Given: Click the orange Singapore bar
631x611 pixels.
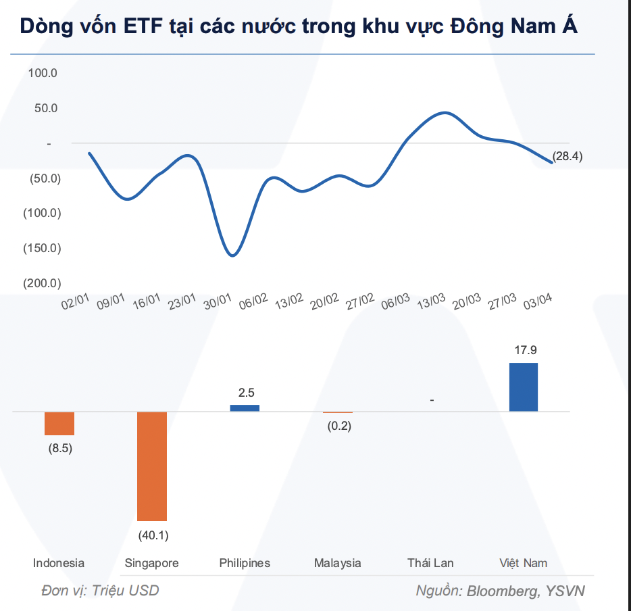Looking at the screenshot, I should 151,466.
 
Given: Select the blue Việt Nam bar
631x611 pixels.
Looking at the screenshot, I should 523,387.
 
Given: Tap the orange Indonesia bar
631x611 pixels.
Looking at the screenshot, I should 59,423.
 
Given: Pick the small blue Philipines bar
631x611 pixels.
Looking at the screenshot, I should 245,408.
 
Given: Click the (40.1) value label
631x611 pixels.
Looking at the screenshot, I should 153,536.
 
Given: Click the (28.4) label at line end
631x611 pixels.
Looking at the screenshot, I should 567,156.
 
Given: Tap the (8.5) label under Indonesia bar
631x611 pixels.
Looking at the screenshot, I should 60,449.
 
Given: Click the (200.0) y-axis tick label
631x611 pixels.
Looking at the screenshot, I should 42,283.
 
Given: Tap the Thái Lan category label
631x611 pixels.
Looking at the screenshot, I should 430,563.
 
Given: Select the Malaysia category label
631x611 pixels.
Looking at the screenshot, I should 338,563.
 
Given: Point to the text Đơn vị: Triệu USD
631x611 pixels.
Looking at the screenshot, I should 100,591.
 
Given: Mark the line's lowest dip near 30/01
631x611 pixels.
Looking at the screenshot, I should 232,255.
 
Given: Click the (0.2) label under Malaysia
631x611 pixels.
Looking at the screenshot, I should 338,426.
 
